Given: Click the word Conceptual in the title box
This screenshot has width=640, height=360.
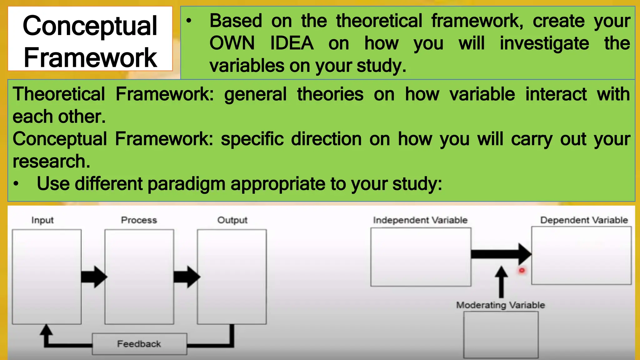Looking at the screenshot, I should pos(90,26).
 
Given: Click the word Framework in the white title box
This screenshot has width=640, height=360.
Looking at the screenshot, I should pos(90,58).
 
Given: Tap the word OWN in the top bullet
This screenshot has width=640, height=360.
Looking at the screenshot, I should pos(232,43).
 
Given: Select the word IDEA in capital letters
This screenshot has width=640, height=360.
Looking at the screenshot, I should pos(292,43).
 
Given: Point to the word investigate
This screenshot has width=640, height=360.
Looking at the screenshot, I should pos(544,43).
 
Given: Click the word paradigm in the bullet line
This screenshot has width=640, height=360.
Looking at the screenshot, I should pos(186,184).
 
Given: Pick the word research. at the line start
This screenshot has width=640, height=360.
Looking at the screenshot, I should pos(51,161).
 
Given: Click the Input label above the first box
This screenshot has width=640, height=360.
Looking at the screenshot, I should pos(42,220).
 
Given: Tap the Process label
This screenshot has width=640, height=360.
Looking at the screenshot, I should pos(139,220).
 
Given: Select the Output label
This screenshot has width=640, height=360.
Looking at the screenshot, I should pos(232,220).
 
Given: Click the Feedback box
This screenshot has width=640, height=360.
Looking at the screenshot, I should pos(139,344).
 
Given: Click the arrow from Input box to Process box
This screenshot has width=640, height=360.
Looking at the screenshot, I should pos(94,277).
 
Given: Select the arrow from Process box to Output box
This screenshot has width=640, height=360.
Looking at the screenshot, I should pos(187,277).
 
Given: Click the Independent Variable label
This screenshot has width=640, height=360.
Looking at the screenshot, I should pos(420,220).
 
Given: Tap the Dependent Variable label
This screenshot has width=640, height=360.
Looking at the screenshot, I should pos(584,220).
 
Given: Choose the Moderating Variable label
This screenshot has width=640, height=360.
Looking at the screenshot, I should pos(500,305).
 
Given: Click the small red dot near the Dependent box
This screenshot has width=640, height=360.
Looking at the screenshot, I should pos(522,270).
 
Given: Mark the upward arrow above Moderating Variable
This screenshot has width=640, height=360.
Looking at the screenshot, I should pos(501,281).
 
